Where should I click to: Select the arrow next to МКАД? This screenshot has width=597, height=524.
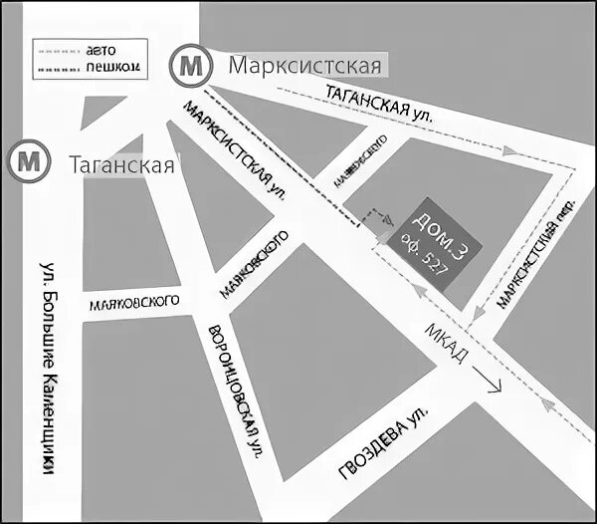coord(489,380)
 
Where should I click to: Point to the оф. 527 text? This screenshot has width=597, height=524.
coord(429,256)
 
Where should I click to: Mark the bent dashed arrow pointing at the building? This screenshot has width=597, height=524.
coord(377,218)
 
